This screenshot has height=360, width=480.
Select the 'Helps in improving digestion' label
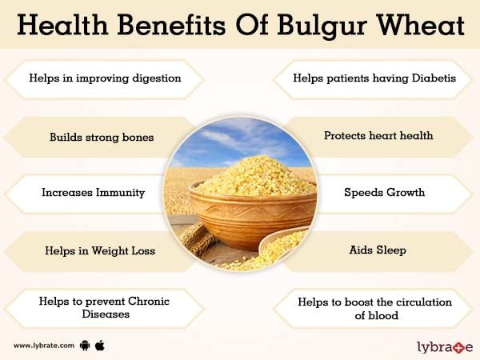click(x=105, y=78)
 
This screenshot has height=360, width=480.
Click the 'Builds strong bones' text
click(x=102, y=137)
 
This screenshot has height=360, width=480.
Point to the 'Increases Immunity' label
click(x=93, y=193)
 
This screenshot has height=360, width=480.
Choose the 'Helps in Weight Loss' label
click(x=100, y=250)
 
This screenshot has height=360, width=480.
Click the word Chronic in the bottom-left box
click(x=149, y=302)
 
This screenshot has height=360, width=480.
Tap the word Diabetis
click(x=434, y=78)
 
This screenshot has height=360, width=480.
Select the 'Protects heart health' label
click(x=378, y=135)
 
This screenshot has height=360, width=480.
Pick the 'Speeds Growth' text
click(x=385, y=192)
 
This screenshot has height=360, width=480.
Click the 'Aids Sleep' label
click(x=378, y=250)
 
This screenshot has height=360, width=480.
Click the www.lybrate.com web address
click(x=44, y=346)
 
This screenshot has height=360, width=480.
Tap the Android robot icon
click(x=85, y=346)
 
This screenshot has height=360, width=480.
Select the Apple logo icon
click(x=100, y=346)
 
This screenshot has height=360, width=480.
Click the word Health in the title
click(x=62, y=25)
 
